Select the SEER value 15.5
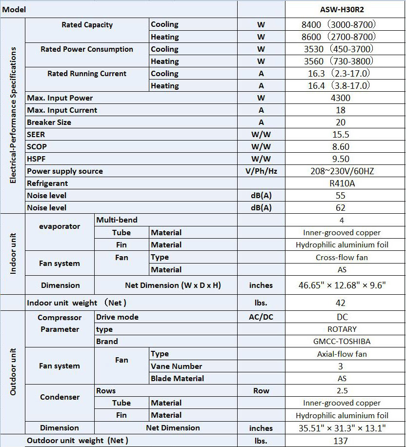pos(340,135)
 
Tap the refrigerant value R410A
pos(340,183)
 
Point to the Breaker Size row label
pos(49,122)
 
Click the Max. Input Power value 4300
pos(340,98)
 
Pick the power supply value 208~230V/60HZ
pos(340,171)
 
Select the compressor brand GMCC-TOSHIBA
pos(340,342)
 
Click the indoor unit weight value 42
pos(340,303)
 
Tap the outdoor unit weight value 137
pos(340,441)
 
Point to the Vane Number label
pos(176,366)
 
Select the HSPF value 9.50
pos(340,159)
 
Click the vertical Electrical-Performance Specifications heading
pos(13,115)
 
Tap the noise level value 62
pos(340,208)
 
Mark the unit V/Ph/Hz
pos(261,171)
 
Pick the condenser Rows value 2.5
pos(340,391)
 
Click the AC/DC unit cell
pos(261,317)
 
